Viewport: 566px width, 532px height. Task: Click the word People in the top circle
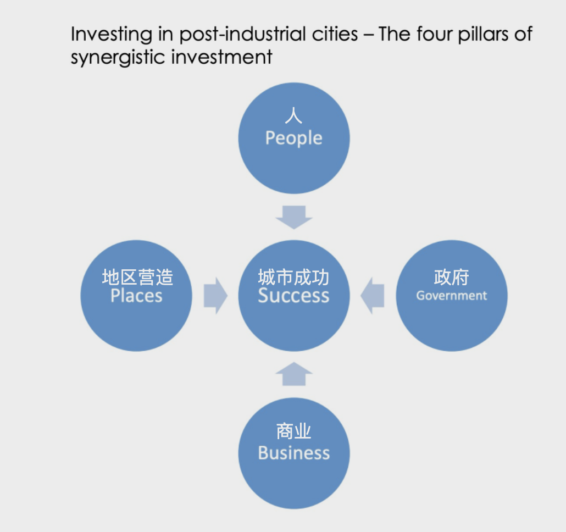coord(293,138)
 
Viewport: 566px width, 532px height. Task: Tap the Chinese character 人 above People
coord(293,115)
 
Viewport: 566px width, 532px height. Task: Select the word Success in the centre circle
coord(293,296)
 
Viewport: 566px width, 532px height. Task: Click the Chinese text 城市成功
coord(293,277)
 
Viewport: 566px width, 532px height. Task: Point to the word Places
coord(136,296)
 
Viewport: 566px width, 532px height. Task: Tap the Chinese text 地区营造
coord(137,277)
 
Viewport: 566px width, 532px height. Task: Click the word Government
coord(452,296)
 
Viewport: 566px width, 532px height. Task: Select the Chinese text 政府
coord(451,277)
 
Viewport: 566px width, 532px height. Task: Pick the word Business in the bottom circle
coord(293,453)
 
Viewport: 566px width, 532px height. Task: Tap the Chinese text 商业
coord(293,432)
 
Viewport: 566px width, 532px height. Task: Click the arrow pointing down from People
coord(294,217)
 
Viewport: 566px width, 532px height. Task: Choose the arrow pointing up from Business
coord(294,374)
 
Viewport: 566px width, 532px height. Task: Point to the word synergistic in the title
coord(118,57)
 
